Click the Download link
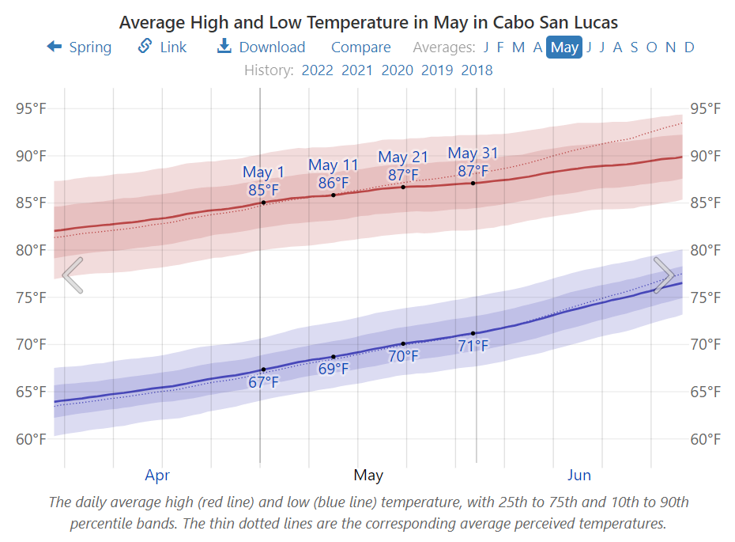click(x=262, y=47)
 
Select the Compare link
click(x=360, y=47)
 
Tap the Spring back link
click(x=79, y=47)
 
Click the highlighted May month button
click(x=564, y=47)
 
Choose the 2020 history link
click(x=397, y=70)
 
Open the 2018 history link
click(x=477, y=70)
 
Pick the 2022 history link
click(x=317, y=70)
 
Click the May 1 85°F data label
click(x=263, y=181)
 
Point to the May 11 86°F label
click(x=333, y=174)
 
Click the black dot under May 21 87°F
click(x=403, y=187)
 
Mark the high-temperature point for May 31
click(x=473, y=183)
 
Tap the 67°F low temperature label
click(x=263, y=383)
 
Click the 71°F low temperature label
click(x=473, y=346)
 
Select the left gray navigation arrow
click(x=72, y=275)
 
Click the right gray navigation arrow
click(x=663, y=275)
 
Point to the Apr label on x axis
click(x=157, y=476)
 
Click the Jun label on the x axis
click(x=579, y=476)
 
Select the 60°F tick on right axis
click(x=705, y=439)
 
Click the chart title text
click(x=368, y=21)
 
